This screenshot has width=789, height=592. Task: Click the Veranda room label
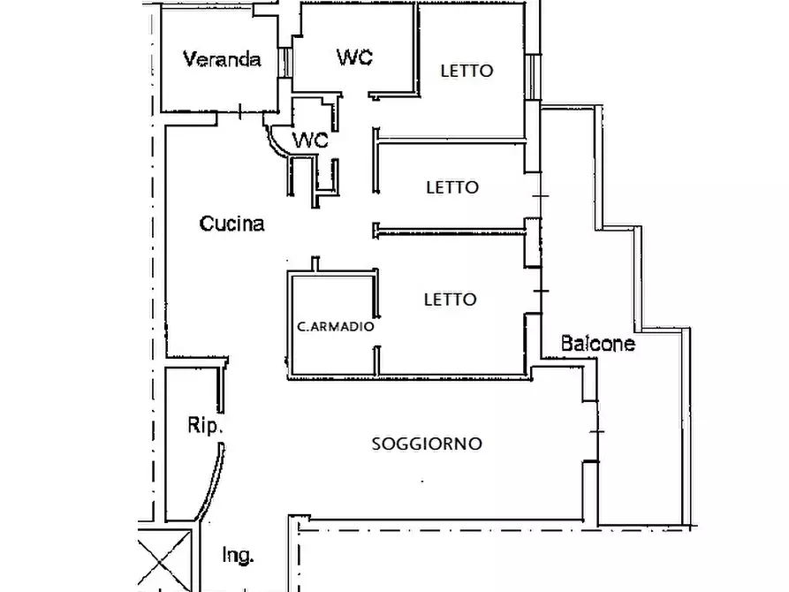coord(222,60)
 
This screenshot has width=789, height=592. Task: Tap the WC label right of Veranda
coord(354,57)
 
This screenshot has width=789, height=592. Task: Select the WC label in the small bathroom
coord(310,140)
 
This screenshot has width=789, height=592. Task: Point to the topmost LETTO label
coord(467,71)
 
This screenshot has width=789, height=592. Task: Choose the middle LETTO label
coord(452,187)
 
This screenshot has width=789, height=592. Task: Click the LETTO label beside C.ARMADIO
coord(451,300)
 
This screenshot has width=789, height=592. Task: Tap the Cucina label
coord(231,224)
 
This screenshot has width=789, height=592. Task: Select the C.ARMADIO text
coord(336,326)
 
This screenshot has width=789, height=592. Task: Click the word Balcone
coord(598,344)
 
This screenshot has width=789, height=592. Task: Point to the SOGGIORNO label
coord(427,444)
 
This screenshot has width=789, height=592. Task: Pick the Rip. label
coord(206,425)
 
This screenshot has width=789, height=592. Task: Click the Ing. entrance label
coord(239,556)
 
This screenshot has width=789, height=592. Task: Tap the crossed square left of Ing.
coord(164,558)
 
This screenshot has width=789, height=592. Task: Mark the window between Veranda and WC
coord(284,62)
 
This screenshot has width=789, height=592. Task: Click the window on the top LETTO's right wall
coord(532,77)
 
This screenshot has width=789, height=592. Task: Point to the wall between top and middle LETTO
coord(451,140)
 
